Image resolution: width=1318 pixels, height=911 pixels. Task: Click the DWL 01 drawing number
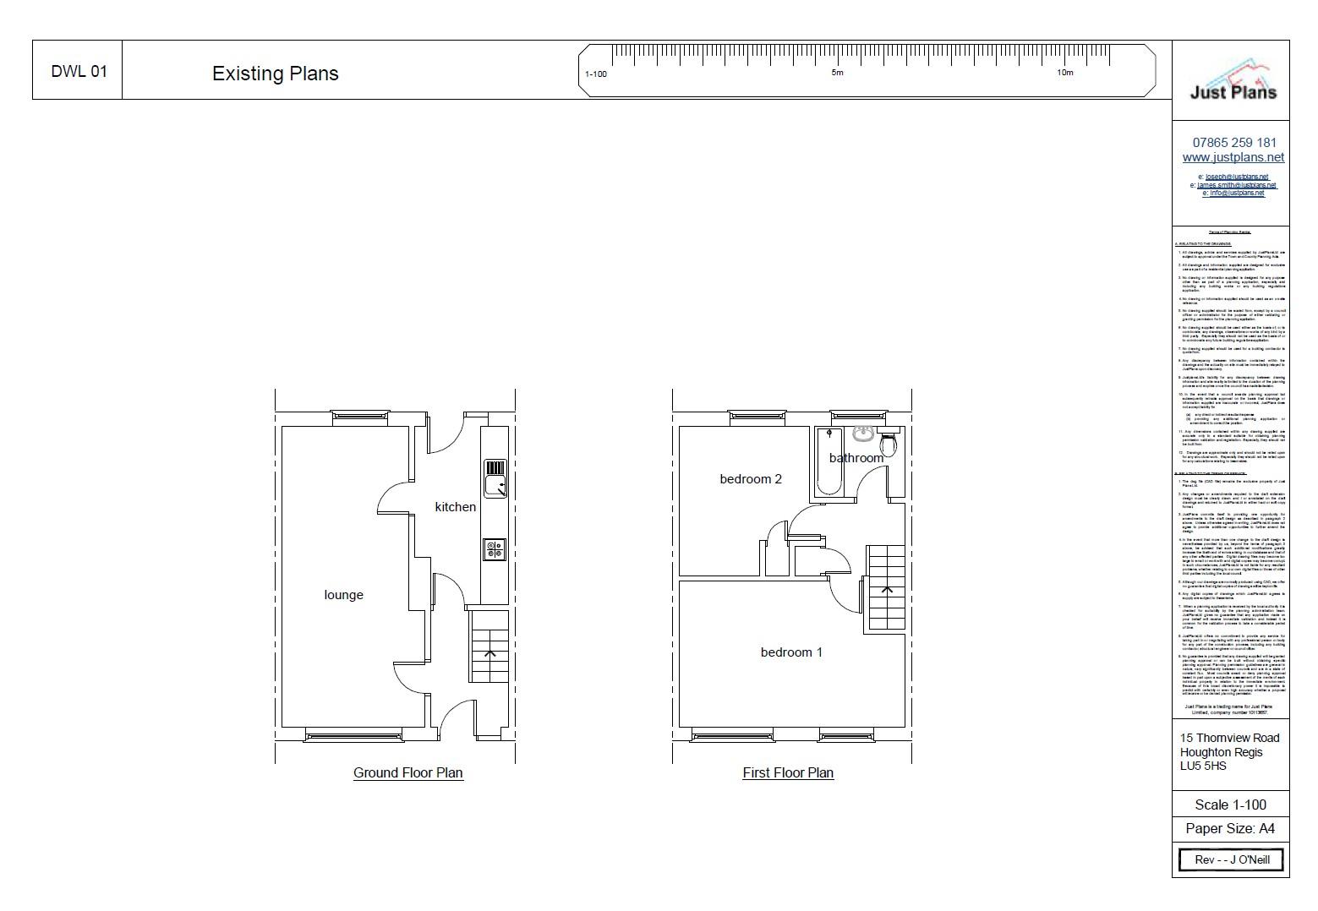point(79,71)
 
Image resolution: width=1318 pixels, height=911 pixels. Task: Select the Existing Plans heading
point(275,74)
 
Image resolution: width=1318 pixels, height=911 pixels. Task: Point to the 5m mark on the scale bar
point(837,73)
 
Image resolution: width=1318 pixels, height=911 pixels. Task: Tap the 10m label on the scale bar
point(1064,73)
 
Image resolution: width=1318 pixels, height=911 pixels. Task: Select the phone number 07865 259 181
point(1233,142)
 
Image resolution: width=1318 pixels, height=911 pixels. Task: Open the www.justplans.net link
point(1233,157)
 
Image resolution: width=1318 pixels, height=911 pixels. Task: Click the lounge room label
point(343,595)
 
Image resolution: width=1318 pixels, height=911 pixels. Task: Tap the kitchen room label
point(455,507)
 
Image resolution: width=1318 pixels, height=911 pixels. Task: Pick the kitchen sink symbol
point(495,477)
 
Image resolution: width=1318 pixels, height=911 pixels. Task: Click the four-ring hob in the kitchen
point(494,549)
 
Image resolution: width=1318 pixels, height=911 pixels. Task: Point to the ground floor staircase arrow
point(489,652)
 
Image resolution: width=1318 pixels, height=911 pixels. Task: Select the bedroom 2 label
point(751,479)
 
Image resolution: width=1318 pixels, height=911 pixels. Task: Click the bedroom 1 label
point(790,652)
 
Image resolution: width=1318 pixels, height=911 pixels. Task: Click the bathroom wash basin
point(862,434)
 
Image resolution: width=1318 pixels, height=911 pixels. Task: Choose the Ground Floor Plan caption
point(407,772)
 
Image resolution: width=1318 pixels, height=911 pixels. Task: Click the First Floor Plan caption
point(788,772)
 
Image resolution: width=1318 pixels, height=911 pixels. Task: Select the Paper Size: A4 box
point(1230,828)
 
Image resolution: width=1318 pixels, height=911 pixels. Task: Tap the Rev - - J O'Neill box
point(1231,859)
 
